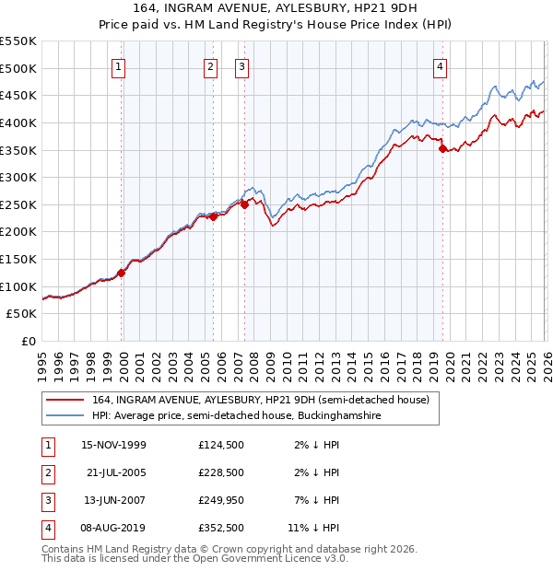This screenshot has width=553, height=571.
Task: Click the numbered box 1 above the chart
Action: pos(121,66)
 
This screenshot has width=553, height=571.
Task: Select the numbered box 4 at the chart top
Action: pos(441,66)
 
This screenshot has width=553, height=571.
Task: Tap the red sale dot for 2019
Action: pos(442,148)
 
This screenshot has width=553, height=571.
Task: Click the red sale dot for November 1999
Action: pos(122,273)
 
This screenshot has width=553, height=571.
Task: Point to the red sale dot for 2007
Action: pos(244,204)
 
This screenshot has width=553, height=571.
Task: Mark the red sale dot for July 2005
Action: pos(213,216)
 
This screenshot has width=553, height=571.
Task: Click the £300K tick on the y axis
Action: pos(18,177)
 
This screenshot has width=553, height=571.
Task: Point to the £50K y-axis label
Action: pos(22,314)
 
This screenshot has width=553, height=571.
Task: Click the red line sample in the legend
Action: pos(65,400)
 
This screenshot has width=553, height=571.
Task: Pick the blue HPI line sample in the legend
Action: pos(65,416)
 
